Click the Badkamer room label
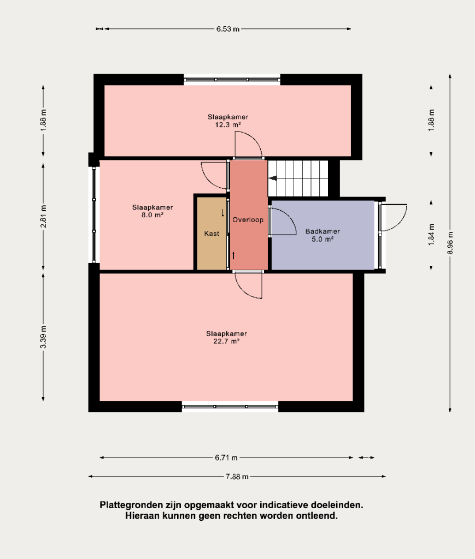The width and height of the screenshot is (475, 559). click(x=322, y=231)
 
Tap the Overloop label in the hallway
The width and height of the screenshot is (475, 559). click(x=248, y=219)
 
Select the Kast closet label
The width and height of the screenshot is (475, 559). click(x=212, y=234)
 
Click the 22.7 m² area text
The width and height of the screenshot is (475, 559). click(x=226, y=342)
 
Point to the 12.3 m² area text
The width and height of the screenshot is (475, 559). click(x=228, y=125)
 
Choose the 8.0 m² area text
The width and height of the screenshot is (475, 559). click(x=153, y=215)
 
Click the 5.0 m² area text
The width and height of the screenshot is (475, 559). click(x=322, y=239)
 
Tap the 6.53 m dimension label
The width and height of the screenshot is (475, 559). click(x=228, y=29)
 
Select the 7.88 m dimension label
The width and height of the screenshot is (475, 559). click(x=237, y=476)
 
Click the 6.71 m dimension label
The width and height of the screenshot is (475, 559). click(x=226, y=457)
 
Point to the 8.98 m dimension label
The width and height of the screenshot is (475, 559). click(x=450, y=243)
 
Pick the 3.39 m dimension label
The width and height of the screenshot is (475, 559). click(x=43, y=337)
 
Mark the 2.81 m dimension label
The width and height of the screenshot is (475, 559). click(x=43, y=216)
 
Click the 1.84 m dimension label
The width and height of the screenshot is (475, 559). click(x=431, y=235)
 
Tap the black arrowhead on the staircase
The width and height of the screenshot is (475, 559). click(x=273, y=179)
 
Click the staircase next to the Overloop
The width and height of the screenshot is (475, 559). click(x=298, y=179)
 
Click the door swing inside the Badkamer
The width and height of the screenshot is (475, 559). click(x=283, y=221)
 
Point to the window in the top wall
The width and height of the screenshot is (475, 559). click(x=232, y=80)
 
